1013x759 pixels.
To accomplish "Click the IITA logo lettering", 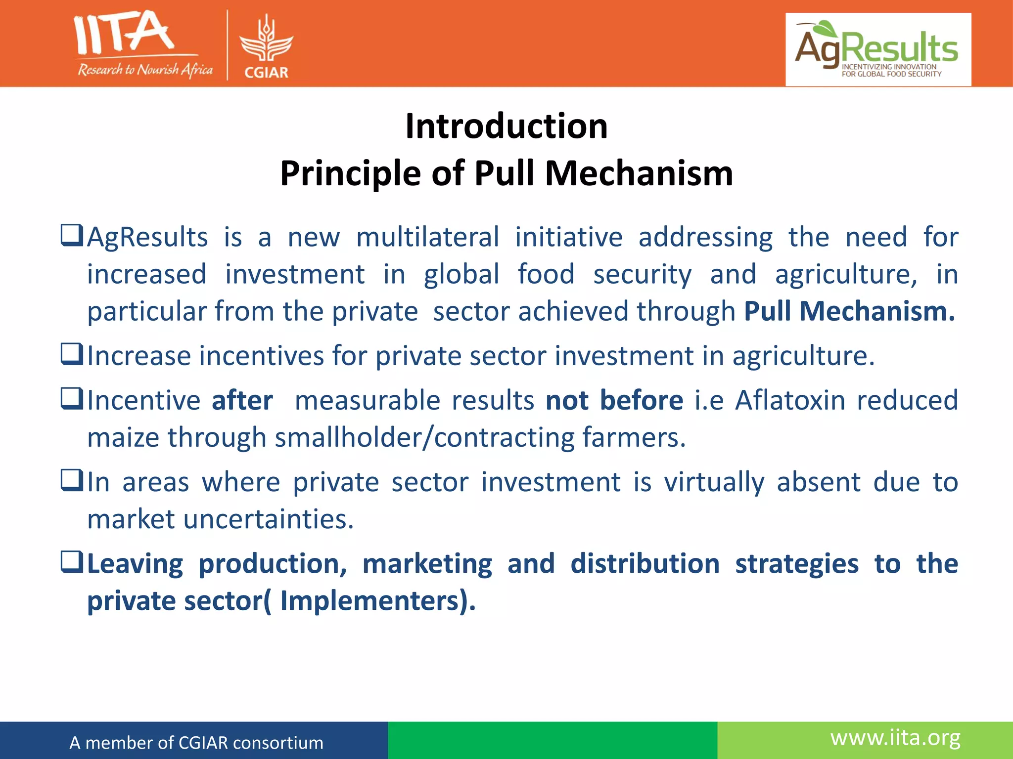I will point(124,34).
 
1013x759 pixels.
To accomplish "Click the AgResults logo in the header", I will point(878,49).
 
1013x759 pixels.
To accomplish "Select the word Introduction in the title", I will point(506,126).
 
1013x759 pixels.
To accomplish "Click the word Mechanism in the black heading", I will point(639,173).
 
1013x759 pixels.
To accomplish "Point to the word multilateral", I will point(427,237).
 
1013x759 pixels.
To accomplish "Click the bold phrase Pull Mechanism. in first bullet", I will point(849,311).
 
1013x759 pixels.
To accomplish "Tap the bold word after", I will point(242,400).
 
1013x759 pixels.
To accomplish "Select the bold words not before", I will point(614,400).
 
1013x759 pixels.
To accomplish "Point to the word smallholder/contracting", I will point(424,438).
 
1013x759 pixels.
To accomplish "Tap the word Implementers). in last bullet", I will point(378,601).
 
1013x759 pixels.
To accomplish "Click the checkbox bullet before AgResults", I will point(72,236).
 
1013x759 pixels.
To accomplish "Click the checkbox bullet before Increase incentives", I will point(72,354).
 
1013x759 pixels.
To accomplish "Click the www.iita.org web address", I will point(895,738).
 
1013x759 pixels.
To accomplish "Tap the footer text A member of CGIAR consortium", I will point(196,743).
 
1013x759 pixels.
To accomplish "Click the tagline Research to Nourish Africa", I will point(145,70).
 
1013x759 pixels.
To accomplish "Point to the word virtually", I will point(714,482).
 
